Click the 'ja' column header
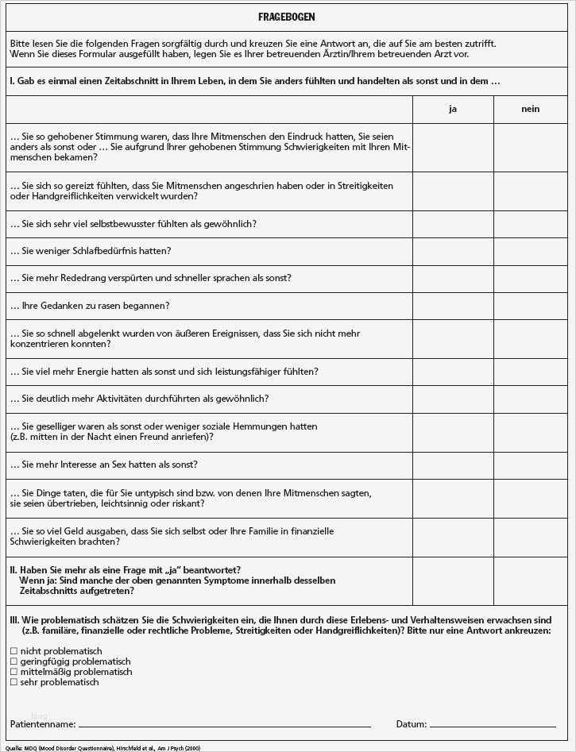point(453,109)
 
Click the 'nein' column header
point(531,109)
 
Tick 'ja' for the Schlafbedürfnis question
point(453,251)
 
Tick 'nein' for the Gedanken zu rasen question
point(531,306)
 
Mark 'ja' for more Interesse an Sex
point(453,465)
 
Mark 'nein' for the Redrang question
point(531,278)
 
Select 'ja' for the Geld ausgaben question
point(453,537)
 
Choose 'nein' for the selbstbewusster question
point(531,224)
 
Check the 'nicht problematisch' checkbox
point(13,651)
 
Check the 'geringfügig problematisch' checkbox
point(13,661)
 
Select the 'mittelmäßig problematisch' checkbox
point(13,672)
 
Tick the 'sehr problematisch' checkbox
point(13,682)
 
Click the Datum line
point(493,725)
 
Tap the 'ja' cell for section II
point(453,581)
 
